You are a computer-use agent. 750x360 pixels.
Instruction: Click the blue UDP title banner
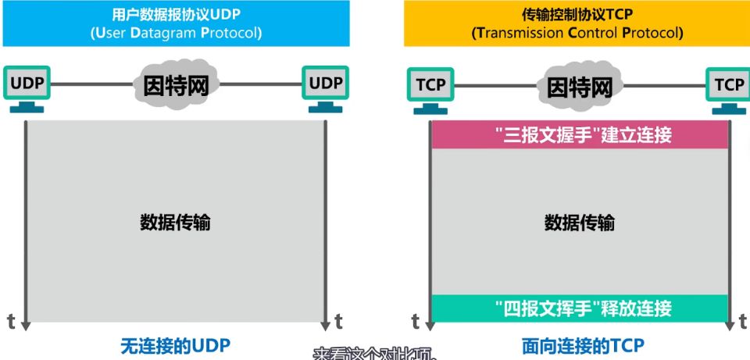[x=175, y=23]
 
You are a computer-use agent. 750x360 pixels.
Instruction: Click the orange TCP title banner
[x=577, y=23]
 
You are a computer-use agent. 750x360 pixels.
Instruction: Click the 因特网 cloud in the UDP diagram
[x=176, y=84]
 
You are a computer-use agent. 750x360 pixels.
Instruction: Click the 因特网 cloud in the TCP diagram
[x=579, y=85]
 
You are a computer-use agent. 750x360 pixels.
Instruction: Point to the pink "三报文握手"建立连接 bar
[x=580, y=135]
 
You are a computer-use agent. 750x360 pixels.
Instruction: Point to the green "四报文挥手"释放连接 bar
[x=580, y=308]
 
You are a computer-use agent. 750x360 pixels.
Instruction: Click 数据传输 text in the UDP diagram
[x=175, y=223]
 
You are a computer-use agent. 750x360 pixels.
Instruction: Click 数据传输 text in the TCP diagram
[x=579, y=223]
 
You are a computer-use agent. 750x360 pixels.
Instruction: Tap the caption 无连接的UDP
[x=175, y=344]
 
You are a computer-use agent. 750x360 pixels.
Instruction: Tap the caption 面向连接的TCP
[x=583, y=344]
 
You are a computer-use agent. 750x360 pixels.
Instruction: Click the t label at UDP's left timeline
[x=11, y=321]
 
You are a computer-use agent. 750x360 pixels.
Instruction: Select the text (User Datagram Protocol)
[x=175, y=34]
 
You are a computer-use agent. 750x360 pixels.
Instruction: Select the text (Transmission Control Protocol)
[x=577, y=34]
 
